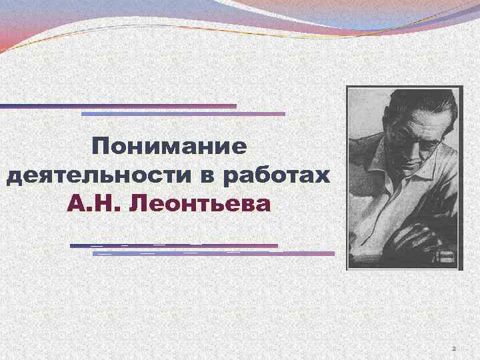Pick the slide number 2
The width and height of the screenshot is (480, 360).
tap(453, 349)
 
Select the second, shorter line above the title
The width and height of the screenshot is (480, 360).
tap(183, 114)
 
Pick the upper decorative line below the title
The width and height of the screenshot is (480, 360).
tap(173, 246)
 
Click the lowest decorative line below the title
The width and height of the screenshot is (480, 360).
tap(213, 254)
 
